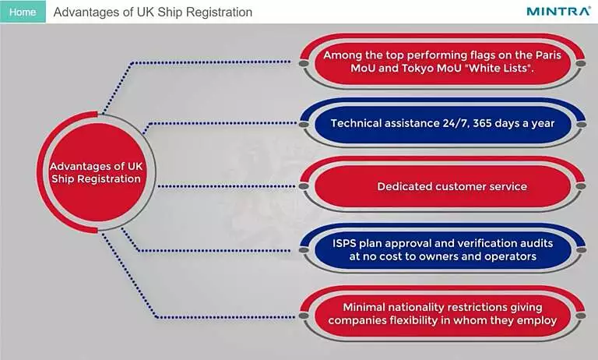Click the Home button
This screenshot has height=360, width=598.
23,12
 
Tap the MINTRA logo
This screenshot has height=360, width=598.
558,12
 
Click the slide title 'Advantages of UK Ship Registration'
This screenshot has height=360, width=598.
153,12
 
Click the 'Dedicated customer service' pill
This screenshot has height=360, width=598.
442,186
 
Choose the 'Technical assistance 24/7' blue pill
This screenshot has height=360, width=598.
442,123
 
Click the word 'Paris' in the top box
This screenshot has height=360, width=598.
548,55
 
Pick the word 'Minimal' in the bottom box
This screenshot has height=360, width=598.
361,307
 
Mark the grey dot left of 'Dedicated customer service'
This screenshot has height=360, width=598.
304,186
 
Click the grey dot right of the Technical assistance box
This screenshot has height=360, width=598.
581,125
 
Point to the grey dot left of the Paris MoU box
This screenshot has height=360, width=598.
304,62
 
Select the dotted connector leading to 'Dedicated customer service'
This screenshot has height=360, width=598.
226,186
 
